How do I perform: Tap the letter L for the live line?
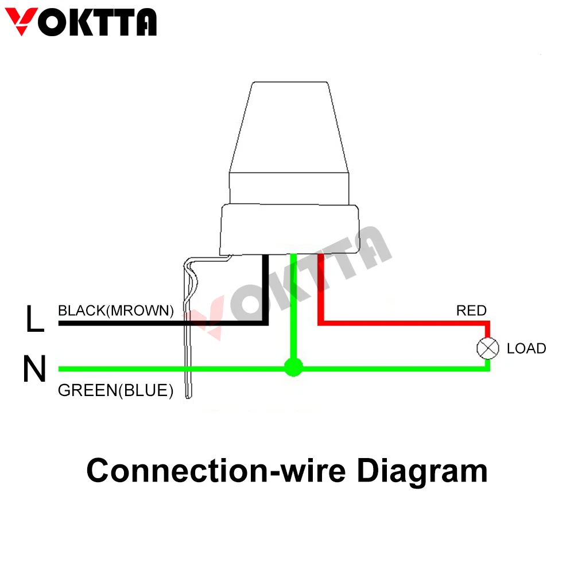pyautogui.click(x=34, y=319)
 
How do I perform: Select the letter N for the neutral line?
pyautogui.click(x=34, y=369)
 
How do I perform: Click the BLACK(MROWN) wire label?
pyautogui.click(x=115, y=311)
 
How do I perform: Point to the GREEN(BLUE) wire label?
pyautogui.click(x=115, y=391)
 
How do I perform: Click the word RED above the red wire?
pyautogui.click(x=471, y=311)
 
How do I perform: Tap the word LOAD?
pyautogui.click(x=526, y=348)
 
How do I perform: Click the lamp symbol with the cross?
pyautogui.click(x=488, y=348)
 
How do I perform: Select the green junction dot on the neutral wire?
pyautogui.click(x=293, y=367)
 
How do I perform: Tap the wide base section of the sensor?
pyautogui.click(x=290, y=230)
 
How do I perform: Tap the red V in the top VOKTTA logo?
pyautogui.click(x=21, y=22)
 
